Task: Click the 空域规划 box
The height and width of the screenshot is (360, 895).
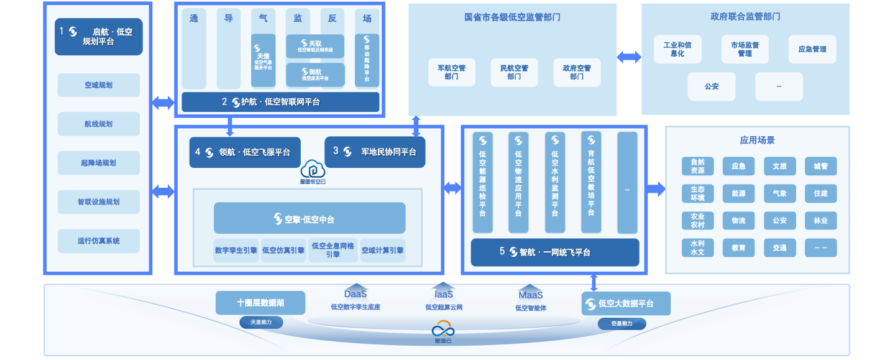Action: [99, 85]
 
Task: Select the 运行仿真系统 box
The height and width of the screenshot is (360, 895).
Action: [99, 241]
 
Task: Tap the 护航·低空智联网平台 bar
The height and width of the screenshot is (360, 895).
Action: [280, 102]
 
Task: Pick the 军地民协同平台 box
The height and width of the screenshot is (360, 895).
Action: [375, 152]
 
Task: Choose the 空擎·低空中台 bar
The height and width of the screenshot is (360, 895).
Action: [310, 218]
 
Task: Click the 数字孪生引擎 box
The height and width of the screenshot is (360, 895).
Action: [236, 251]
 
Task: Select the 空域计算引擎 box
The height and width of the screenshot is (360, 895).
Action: [382, 251]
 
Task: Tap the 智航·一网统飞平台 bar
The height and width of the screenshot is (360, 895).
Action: [554, 252]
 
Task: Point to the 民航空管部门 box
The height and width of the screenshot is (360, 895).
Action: [514, 72]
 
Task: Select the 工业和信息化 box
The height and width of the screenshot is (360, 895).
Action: [677, 49]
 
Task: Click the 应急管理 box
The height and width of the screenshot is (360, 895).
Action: [812, 49]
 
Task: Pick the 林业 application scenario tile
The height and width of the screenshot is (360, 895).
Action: [820, 221]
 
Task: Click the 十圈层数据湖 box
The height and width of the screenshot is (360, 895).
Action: [260, 303]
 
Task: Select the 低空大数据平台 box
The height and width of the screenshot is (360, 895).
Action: [626, 304]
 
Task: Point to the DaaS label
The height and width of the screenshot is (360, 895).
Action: [356, 293]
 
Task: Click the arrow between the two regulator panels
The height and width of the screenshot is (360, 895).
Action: [629, 57]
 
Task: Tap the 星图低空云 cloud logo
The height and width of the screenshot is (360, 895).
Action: [310, 172]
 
